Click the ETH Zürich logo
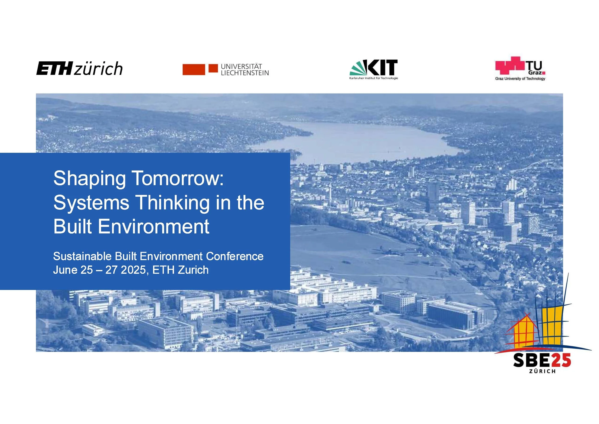(x=79, y=68)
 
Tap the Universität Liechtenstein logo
(x=225, y=70)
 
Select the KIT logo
(x=374, y=68)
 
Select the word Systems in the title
(x=91, y=203)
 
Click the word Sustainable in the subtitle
(x=82, y=256)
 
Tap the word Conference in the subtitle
(x=235, y=256)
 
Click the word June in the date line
(x=65, y=270)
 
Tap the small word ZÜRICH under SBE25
(x=542, y=371)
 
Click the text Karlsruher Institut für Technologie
(x=374, y=78)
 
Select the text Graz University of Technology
(x=520, y=79)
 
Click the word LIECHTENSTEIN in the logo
(x=245, y=73)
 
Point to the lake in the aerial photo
(x=360, y=141)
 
